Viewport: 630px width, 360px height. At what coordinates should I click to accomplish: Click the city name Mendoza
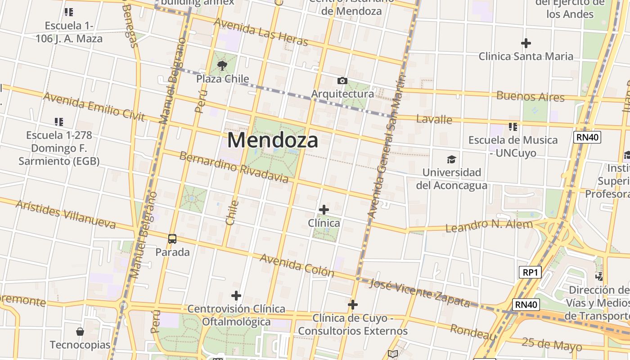273,140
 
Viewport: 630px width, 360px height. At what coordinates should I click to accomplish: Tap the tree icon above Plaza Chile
222,66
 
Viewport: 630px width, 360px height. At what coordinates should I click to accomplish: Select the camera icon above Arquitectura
342,81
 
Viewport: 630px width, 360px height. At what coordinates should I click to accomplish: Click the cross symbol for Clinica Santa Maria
526,43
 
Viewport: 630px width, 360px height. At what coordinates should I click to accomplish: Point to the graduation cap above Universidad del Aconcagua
451,159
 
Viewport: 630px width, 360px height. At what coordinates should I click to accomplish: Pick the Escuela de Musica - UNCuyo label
513,146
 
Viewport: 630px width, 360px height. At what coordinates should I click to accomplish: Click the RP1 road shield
530,272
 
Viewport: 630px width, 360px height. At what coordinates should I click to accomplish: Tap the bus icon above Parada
172,238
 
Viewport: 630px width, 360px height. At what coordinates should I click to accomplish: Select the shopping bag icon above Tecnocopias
80,332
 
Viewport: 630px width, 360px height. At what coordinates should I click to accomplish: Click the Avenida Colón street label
297,265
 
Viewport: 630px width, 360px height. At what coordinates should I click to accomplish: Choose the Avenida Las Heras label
261,32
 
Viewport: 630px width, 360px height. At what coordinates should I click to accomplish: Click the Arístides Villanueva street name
66,214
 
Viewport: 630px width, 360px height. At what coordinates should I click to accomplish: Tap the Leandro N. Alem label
489,225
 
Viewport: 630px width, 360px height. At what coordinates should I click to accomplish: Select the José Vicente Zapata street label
419,292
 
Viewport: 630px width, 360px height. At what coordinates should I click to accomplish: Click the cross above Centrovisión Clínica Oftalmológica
236,296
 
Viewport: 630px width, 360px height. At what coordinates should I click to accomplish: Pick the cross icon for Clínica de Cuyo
353,305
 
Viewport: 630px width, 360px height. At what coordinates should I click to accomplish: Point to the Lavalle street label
434,119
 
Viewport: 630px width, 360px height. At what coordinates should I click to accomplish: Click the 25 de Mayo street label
551,344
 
